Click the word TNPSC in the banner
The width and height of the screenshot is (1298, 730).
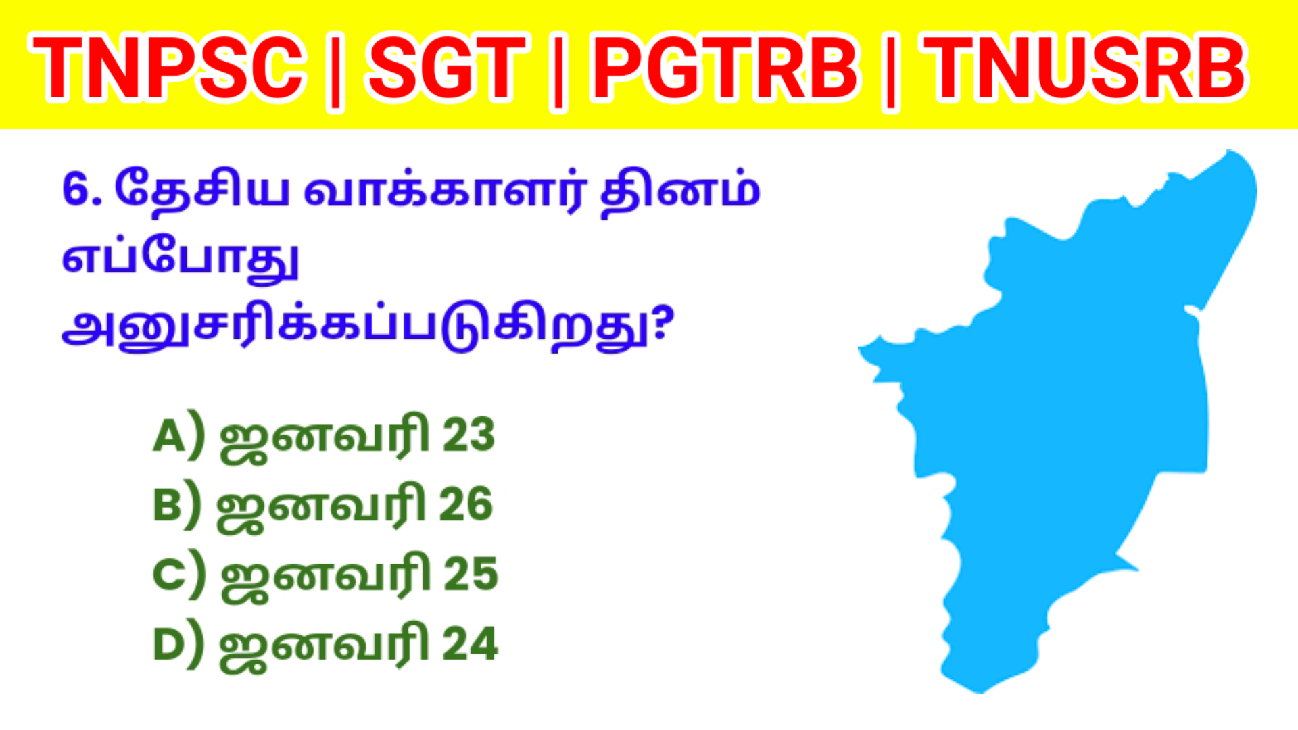point(167,68)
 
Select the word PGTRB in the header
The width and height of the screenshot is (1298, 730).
point(725,68)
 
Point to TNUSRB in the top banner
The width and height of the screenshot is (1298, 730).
point(1086,68)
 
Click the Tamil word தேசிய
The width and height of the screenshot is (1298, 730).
point(201,189)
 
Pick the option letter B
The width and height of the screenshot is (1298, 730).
point(168,506)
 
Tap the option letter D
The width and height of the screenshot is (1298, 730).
point(168,645)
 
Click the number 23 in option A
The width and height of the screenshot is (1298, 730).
point(468,435)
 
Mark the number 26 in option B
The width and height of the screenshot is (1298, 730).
point(466,505)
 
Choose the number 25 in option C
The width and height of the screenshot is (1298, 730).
point(471,575)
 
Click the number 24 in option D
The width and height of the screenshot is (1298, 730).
point(470,644)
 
